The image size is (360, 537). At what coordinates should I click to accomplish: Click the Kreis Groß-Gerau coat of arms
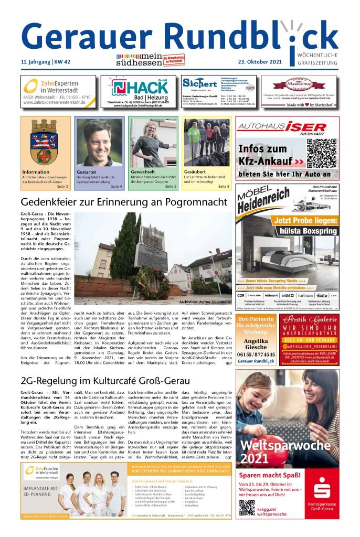(44, 141)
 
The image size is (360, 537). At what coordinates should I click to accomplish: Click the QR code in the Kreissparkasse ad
(247, 508)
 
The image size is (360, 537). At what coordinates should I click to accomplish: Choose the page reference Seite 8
(224, 186)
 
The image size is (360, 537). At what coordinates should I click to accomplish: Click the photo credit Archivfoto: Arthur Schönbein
(205, 302)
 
